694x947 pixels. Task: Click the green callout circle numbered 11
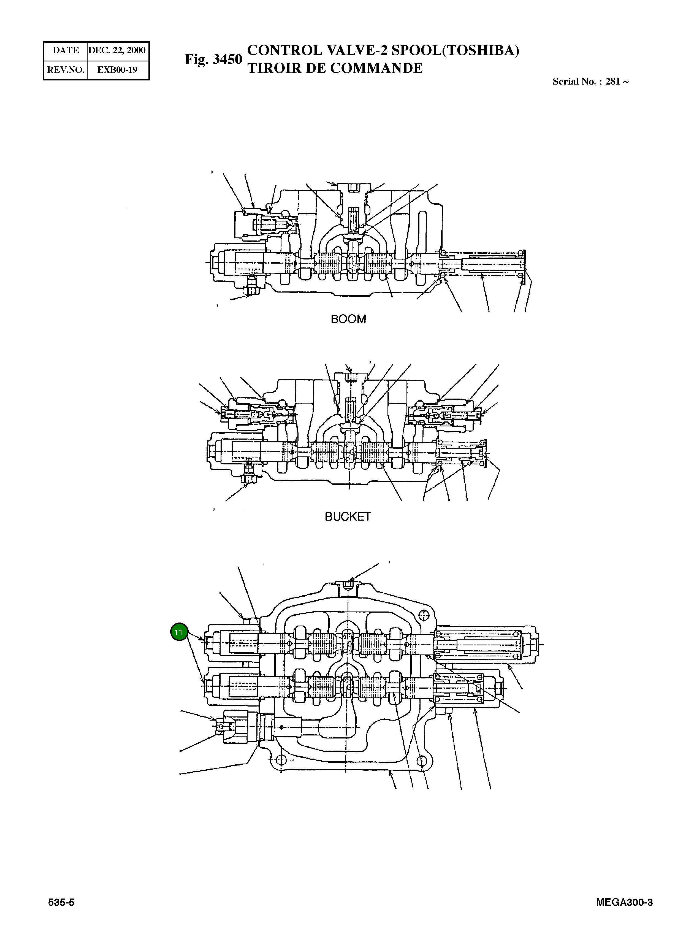pyautogui.click(x=179, y=632)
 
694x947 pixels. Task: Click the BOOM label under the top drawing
pyautogui.click(x=348, y=319)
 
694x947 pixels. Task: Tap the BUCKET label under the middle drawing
pyautogui.click(x=348, y=517)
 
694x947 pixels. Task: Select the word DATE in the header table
pyautogui.click(x=66, y=50)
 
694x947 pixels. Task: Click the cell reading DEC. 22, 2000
pyautogui.click(x=117, y=50)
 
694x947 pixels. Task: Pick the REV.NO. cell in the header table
pyautogui.click(x=66, y=70)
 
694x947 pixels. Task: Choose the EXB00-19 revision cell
pyautogui.click(x=117, y=70)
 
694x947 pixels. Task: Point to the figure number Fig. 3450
pyautogui.click(x=213, y=59)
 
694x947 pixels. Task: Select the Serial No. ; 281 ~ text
pyautogui.click(x=590, y=82)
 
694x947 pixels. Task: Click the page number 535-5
pyautogui.click(x=61, y=902)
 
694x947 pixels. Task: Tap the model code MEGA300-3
pyautogui.click(x=624, y=902)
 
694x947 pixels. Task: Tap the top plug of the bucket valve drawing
pyautogui.click(x=349, y=377)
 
